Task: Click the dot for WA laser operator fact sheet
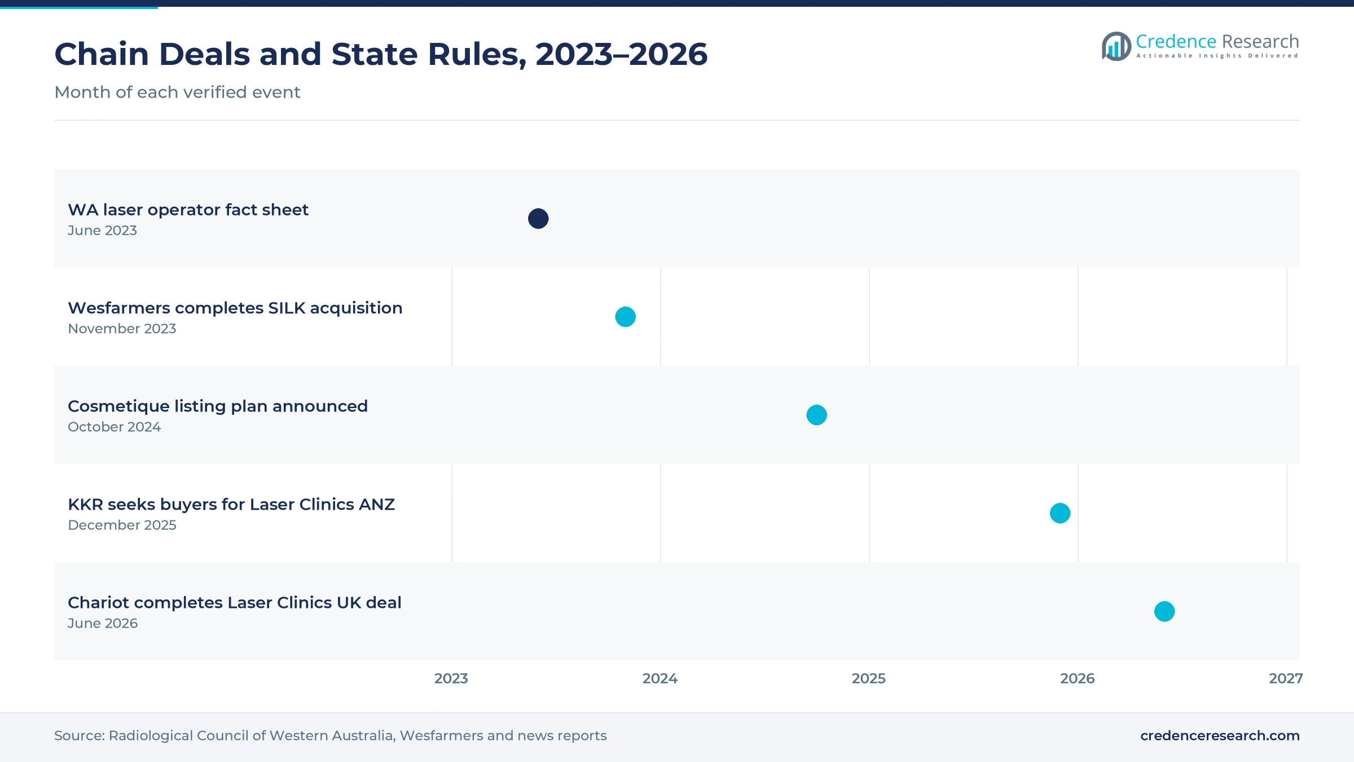coord(538,218)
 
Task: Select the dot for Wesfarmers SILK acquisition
coord(625,317)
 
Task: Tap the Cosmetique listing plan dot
coord(816,415)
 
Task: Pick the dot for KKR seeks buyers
coord(1060,513)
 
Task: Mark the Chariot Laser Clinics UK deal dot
coord(1164,611)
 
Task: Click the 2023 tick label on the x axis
coord(451,678)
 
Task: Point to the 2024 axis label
coord(660,678)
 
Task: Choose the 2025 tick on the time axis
coord(869,678)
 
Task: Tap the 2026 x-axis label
coord(1078,678)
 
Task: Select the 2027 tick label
coord(1286,678)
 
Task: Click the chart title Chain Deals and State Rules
coord(381,54)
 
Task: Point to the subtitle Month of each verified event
coord(177,92)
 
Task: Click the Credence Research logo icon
coord(1116,46)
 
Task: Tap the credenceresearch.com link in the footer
coord(1220,735)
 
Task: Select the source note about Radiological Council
coord(331,735)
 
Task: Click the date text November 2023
coord(122,329)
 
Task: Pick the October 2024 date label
coord(115,427)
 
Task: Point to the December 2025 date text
coord(122,525)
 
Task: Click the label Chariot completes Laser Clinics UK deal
coord(235,603)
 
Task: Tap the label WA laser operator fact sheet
coord(188,210)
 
